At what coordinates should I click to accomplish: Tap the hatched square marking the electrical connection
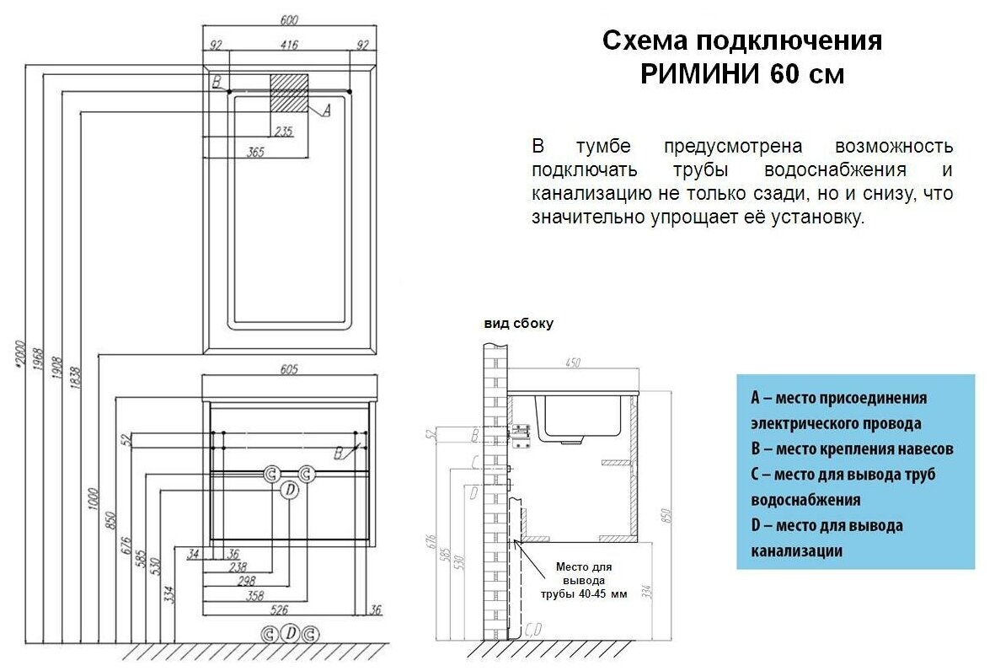point(289,92)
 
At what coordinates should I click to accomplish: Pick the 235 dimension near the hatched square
point(283,131)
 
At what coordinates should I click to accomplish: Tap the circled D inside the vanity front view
point(289,490)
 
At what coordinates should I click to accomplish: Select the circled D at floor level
point(290,634)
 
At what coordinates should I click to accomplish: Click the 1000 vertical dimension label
point(93,502)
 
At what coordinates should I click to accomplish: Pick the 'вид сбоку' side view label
point(518,324)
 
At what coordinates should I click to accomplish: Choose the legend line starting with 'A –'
point(838,398)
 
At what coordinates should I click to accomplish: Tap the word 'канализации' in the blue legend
point(796,551)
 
